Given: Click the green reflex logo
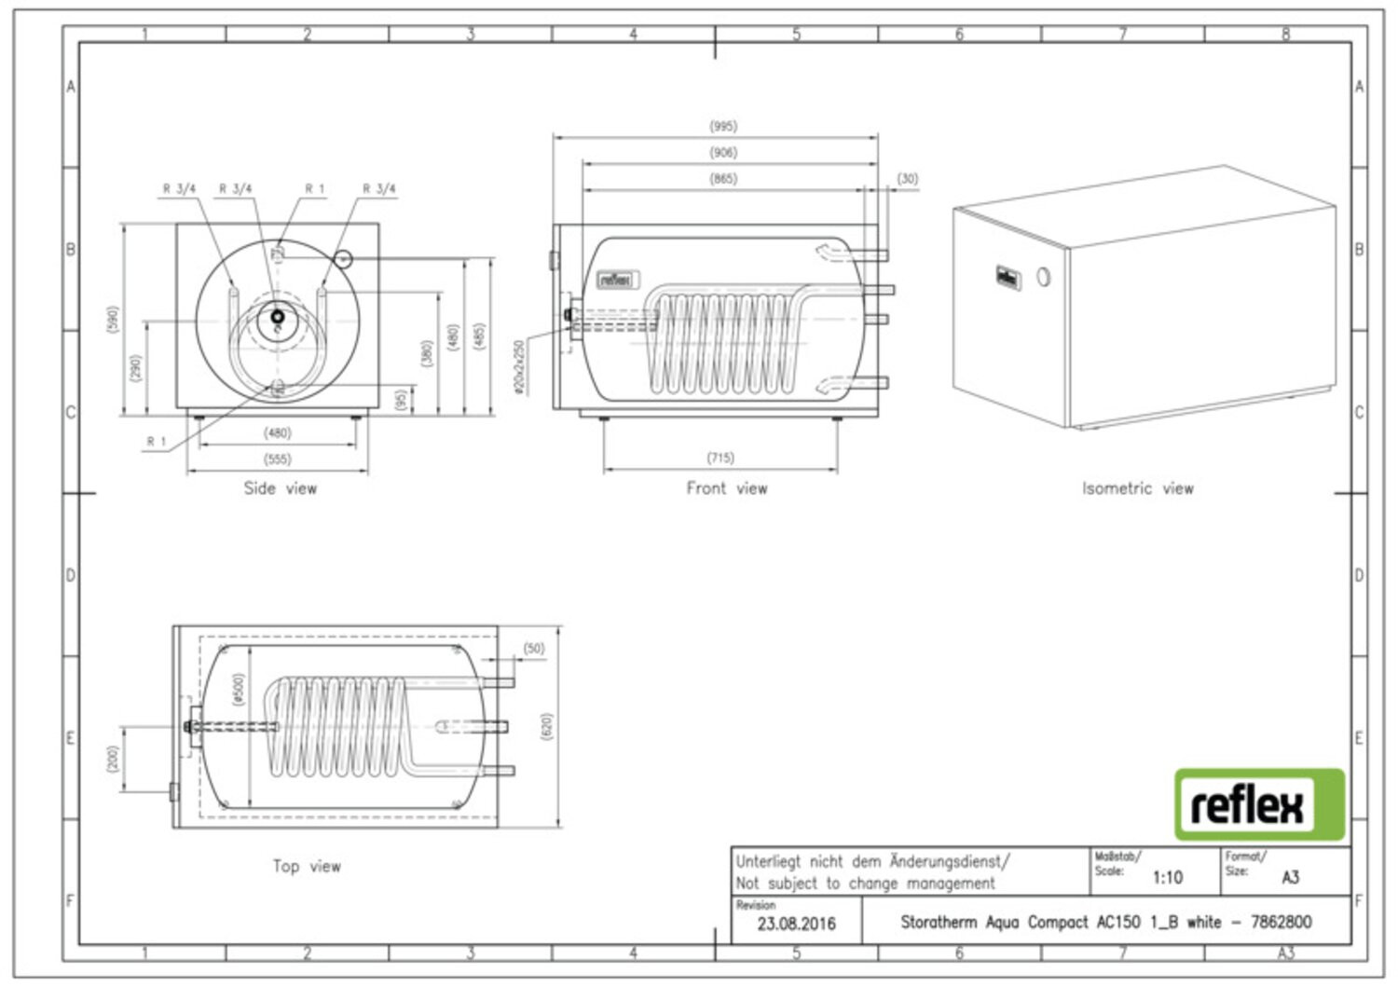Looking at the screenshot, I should coord(1259,804).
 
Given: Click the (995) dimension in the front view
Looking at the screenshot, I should coord(723,126).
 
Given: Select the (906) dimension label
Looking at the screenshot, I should coord(723,152).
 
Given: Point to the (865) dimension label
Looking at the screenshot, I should coord(723,178).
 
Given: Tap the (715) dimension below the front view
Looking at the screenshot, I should coord(720,458).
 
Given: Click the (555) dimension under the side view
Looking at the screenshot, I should coord(278,459).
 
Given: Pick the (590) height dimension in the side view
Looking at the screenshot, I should coord(114,320).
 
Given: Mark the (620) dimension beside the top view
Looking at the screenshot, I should coord(547,727).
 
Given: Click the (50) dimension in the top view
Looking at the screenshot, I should coord(533,649).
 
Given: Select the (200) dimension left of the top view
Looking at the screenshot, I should coord(113,759).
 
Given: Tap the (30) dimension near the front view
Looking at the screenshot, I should coord(907,178).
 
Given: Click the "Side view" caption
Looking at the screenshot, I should coord(281,488).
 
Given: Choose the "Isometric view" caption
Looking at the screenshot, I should coord(1137,488).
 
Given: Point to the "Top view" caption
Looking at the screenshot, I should coord(307,866).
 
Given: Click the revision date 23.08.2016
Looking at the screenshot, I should coord(796,924).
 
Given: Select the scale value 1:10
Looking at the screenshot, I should coord(1167,877).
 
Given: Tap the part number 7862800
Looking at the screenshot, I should coord(1281,922).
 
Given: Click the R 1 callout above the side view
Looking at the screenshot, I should coord(315,188).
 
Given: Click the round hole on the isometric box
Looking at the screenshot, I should coord(1043,277).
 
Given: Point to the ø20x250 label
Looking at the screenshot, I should coord(519,366).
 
